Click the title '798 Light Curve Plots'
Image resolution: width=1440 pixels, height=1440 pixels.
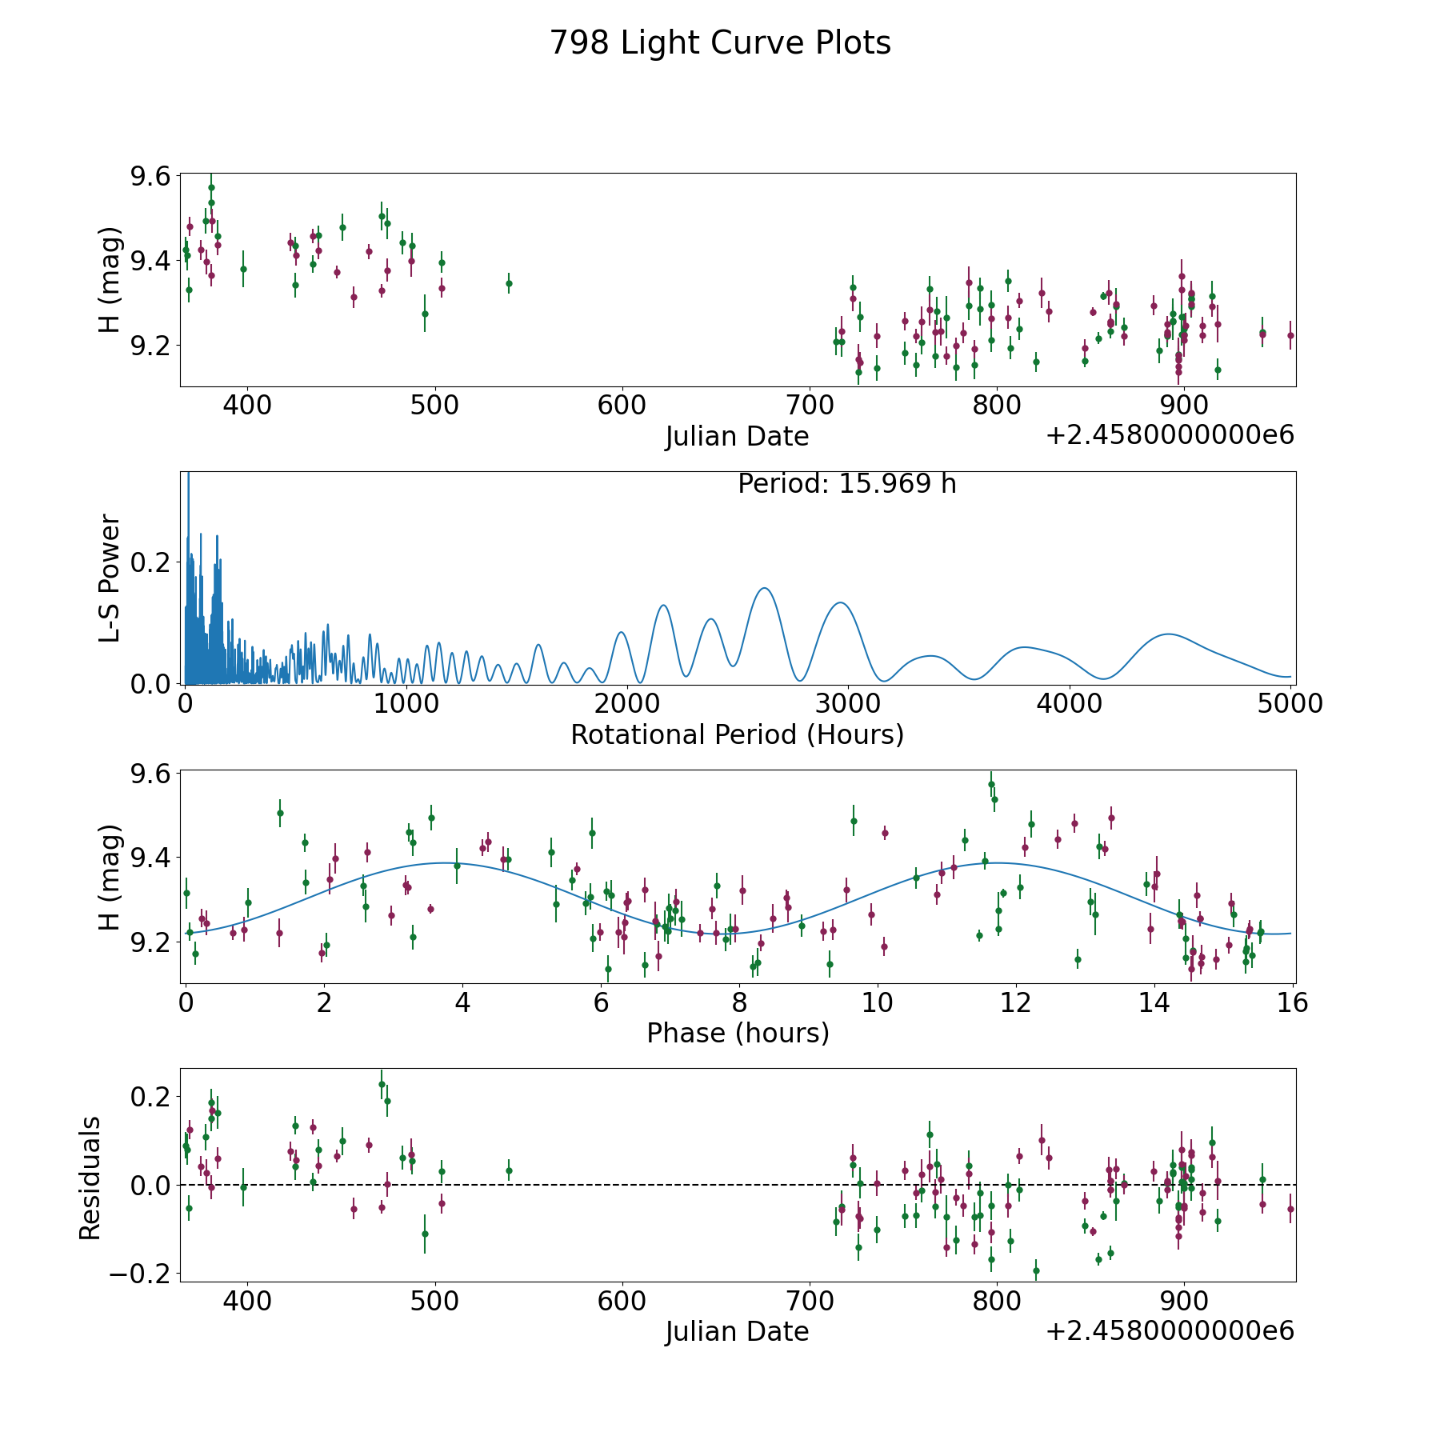(720, 43)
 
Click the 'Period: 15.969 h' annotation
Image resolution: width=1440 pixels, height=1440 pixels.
(846, 484)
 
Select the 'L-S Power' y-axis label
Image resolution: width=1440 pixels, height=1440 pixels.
(110, 578)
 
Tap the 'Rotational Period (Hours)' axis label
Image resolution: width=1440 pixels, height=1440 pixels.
(737, 734)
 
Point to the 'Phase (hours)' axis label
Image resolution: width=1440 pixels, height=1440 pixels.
(738, 1033)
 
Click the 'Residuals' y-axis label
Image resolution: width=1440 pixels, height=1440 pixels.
(90, 1178)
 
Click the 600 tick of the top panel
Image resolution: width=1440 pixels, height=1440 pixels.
(622, 406)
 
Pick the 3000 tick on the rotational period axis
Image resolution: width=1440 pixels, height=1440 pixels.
(847, 704)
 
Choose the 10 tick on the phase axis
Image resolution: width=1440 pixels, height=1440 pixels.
(878, 1002)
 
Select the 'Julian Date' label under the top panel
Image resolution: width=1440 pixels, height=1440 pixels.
(737, 437)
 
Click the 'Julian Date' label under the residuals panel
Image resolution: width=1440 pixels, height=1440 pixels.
(737, 1331)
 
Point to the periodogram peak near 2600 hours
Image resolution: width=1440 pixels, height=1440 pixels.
(765, 588)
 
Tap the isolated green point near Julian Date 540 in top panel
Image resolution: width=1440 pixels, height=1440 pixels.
(509, 283)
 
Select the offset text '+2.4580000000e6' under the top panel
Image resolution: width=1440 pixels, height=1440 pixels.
(1170, 435)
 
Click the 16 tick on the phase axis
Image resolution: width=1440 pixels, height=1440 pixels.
(1293, 1002)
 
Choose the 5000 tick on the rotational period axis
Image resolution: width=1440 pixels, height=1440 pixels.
(1290, 704)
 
